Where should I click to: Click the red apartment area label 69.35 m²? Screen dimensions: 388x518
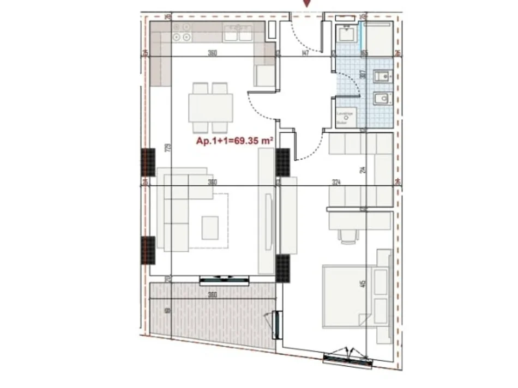click(x=234, y=141)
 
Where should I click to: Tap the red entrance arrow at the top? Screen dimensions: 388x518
click(x=306, y=3)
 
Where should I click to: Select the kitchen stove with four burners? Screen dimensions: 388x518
click(x=182, y=32)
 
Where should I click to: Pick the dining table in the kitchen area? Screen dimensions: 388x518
click(x=211, y=108)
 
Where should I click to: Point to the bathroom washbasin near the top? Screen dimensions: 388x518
click(x=346, y=34)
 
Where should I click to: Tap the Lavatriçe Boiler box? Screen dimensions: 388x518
click(x=345, y=117)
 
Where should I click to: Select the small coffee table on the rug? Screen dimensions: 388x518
click(x=210, y=227)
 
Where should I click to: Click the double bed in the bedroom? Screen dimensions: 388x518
click(x=349, y=296)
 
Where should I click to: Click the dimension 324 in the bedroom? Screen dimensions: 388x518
click(x=336, y=183)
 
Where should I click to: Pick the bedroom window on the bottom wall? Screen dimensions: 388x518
click(x=347, y=359)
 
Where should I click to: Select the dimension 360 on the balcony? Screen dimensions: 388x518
click(x=213, y=295)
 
